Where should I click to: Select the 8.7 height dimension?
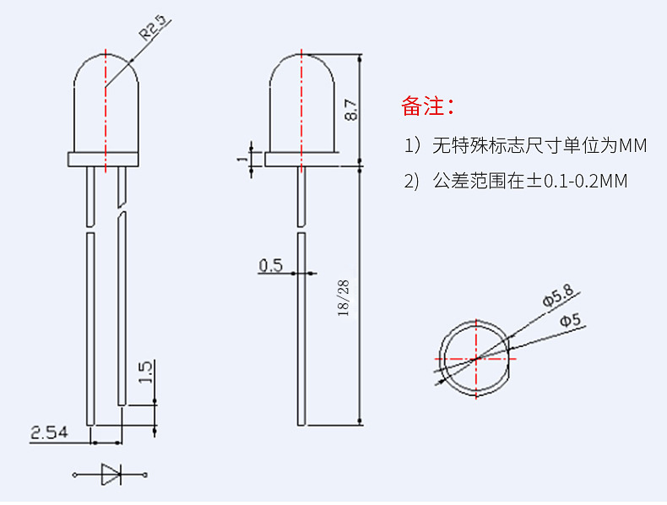(x=351, y=110)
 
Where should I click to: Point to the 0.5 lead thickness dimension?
(x=270, y=266)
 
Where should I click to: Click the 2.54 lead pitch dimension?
(x=49, y=433)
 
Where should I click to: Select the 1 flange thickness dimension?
(x=243, y=158)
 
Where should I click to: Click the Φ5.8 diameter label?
(x=557, y=296)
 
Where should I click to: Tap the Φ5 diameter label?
(x=570, y=320)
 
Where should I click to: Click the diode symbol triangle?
(x=111, y=475)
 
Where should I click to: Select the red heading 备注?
(x=428, y=106)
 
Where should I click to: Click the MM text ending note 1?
(x=632, y=146)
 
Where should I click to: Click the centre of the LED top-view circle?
(x=476, y=358)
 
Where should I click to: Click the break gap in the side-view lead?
(x=301, y=230)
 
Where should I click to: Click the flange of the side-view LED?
(x=301, y=159)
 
